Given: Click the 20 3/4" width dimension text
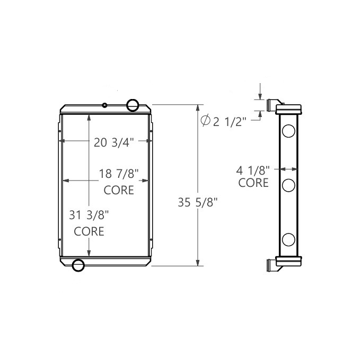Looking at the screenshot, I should pos(113,142).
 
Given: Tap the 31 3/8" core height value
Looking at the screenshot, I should pos(89,215).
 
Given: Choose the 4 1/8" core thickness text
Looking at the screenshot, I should pos(253,170).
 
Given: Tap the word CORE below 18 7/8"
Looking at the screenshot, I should pos(119,190).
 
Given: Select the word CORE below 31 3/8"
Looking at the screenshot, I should pos(89,231).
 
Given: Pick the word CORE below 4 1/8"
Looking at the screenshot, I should pos(253,183).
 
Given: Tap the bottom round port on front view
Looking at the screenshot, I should pos(78,265).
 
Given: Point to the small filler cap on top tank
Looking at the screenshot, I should pos(105,105).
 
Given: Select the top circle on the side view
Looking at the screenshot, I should pos(288,131).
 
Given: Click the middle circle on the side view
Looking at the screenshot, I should pos(288,185).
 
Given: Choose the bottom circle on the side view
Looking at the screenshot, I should pos(288,239).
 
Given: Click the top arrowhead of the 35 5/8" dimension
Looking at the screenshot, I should pos(198,106).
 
